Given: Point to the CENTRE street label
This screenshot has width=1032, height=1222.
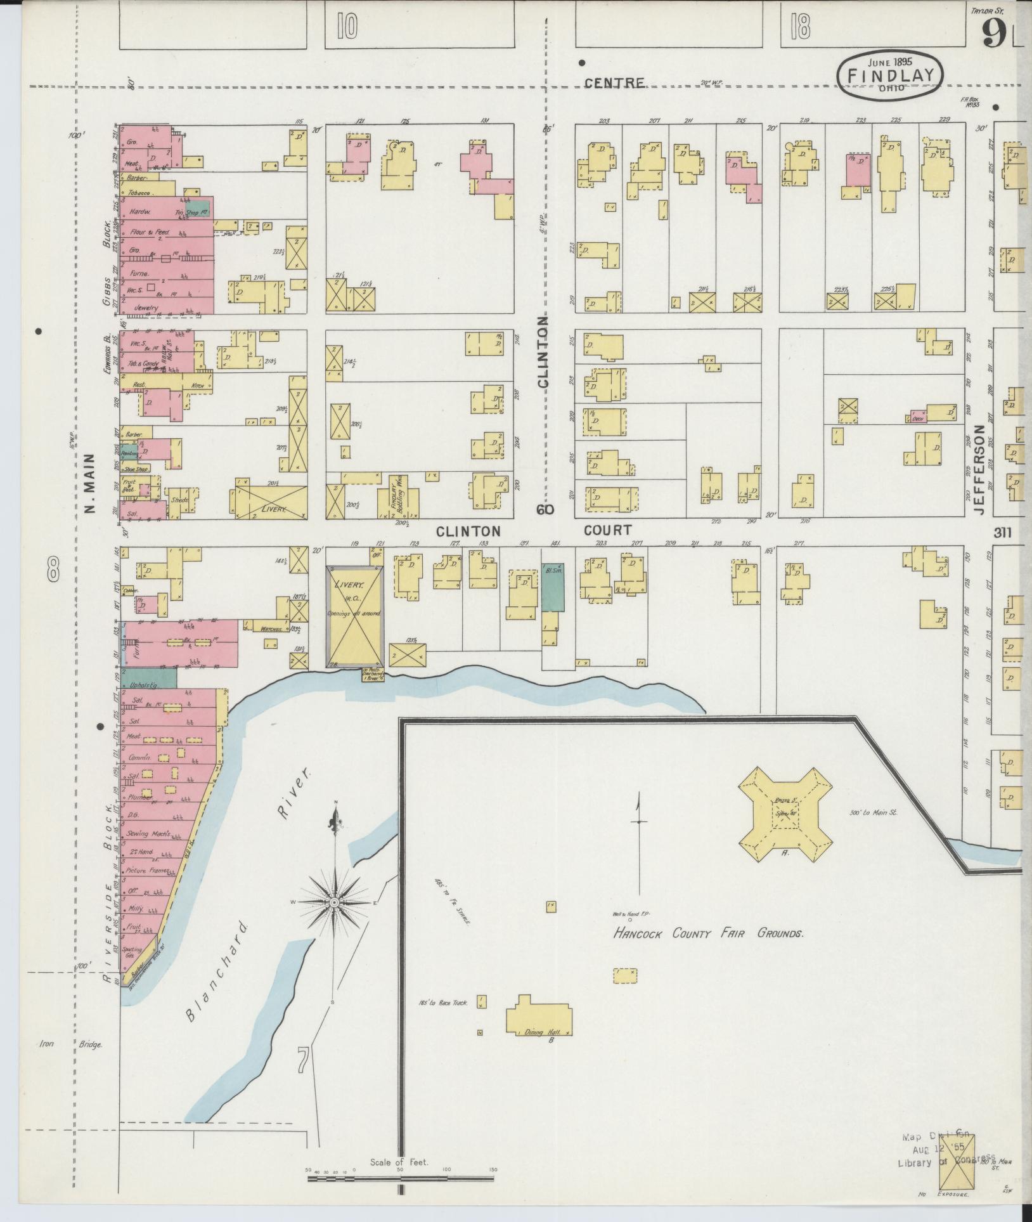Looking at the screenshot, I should tap(614, 83).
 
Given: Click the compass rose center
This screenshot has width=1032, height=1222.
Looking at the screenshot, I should tap(334, 902).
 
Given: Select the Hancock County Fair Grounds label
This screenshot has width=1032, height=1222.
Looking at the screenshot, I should tap(707, 934).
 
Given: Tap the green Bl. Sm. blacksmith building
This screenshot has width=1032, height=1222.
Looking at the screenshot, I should tap(553, 587).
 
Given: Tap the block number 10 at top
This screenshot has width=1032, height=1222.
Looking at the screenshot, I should tap(347, 27).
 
